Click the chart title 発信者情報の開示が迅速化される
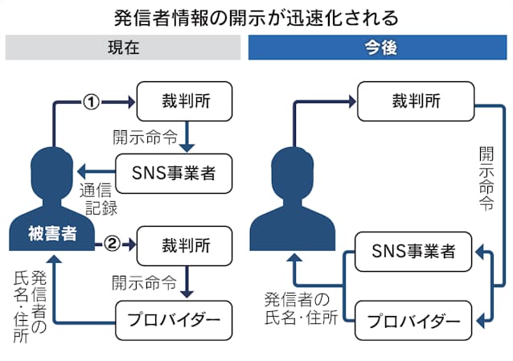click(x=256, y=16)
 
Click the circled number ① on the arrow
click(x=92, y=102)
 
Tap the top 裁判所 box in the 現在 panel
click(x=187, y=102)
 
